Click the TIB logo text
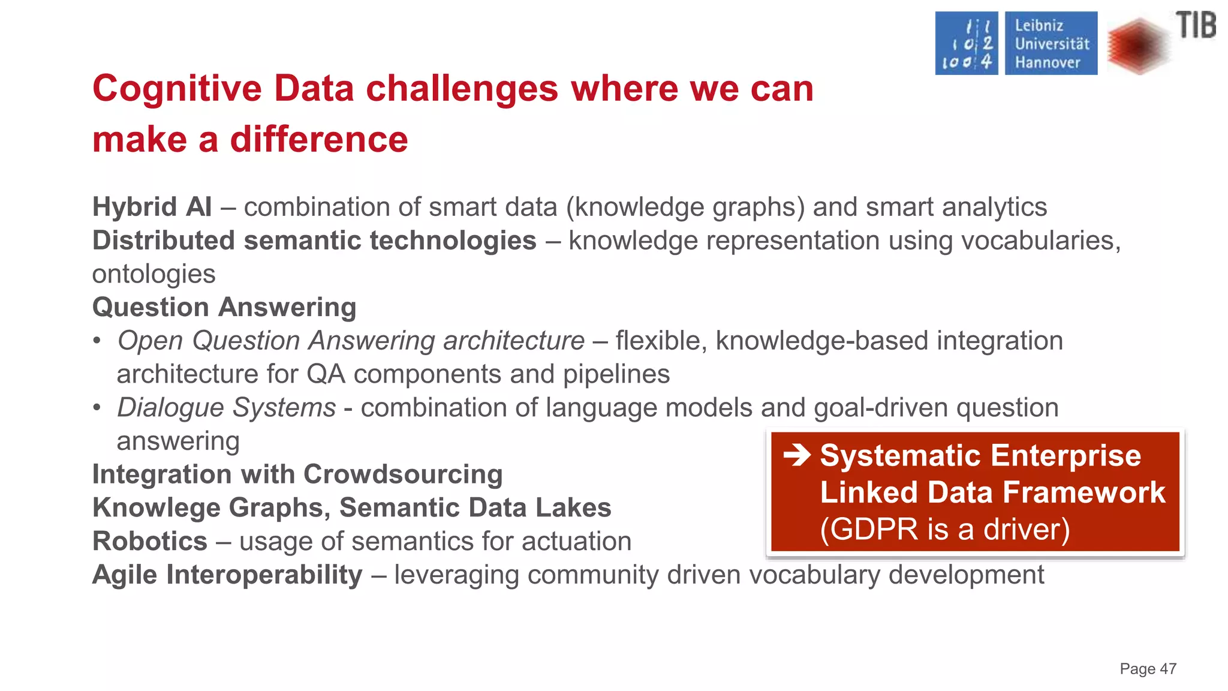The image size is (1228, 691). click(1196, 26)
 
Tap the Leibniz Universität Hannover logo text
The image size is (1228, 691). click(1051, 44)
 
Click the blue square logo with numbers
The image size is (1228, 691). click(967, 44)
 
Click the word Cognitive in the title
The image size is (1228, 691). click(177, 89)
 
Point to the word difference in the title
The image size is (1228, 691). click(319, 140)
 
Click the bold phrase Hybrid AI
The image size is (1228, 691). click(152, 207)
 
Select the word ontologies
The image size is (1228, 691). click(153, 274)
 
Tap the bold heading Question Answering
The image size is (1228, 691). click(224, 307)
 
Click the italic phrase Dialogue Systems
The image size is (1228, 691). click(226, 407)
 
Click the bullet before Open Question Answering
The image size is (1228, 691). click(97, 341)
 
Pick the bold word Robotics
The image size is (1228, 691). click(150, 541)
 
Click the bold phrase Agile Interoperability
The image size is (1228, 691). click(227, 575)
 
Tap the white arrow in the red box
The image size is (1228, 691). click(797, 455)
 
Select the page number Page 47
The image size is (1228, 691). click(1148, 669)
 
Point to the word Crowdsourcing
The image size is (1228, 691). click(403, 474)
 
